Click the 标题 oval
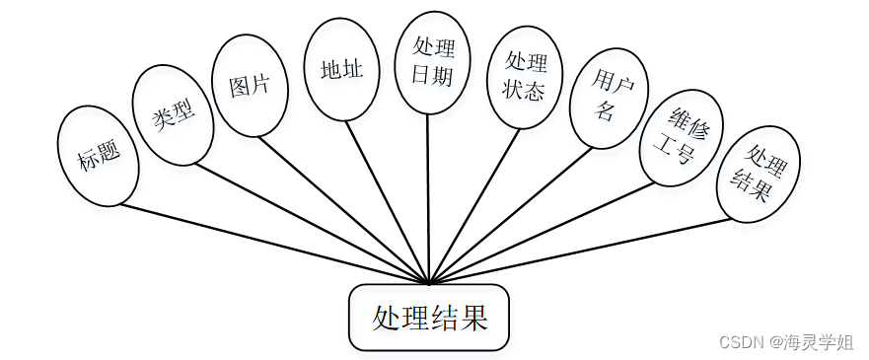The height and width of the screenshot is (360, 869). pyautogui.click(x=98, y=155)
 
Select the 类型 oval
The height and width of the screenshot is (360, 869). pyautogui.click(x=173, y=113)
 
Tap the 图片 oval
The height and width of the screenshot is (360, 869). pyautogui.click(x=249, y=85)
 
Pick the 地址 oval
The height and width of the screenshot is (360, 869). pyautogui.click(x=341, y=70)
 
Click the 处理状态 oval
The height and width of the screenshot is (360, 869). pyautogui.click(x=525, y=77)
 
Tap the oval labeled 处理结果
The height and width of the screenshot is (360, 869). pyautogui.click(x=758, y=177)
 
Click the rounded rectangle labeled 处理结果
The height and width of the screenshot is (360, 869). pyautogui.click(x=429, y=318)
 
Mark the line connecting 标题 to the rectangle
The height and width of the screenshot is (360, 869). pyautogui.click(x=276, y=244)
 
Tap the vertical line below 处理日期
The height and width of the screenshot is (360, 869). pyautogui.click(x=428, y=197)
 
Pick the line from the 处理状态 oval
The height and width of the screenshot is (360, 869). pyautogui.click(x=473, y=207)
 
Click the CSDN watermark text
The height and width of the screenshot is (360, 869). pyautogui.click(x=742, y=342)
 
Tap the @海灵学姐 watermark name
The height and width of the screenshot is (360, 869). pyautogui.click(x=813, y=342)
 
